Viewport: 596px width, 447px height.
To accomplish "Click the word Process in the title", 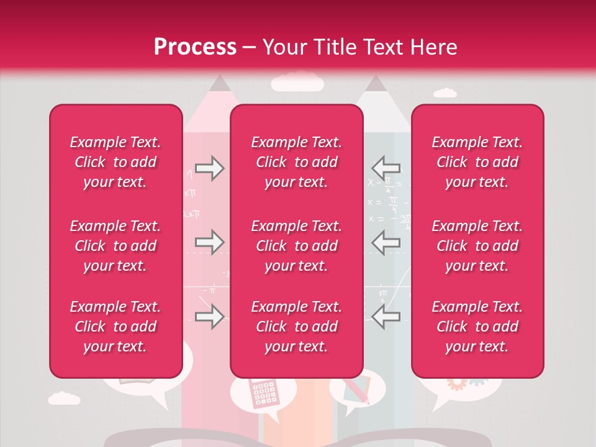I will (195, 47).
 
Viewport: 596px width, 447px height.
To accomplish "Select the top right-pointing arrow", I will (209, 168).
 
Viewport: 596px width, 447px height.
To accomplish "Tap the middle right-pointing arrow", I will (209, 242).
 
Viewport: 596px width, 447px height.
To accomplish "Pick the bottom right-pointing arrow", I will (209, 317).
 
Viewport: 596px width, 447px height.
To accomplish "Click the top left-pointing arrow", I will (386, 168).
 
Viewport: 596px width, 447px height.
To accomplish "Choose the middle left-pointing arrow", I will (386, 242).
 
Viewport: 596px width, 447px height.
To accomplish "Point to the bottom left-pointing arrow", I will (386, 317).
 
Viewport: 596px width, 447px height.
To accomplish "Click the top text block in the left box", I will (115, 162).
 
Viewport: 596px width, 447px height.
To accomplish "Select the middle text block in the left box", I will (115, 246).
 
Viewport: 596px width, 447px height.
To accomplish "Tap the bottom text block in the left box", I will (115, 327).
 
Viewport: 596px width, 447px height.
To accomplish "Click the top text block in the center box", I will (296, 162).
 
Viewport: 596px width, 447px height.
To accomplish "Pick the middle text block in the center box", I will (296, 246).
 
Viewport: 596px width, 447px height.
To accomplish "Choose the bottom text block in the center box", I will (296, 327).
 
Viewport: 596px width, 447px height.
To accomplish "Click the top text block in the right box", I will (477, 162).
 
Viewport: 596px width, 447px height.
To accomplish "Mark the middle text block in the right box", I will (477, 246).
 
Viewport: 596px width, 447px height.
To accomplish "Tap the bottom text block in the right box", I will (477, 327).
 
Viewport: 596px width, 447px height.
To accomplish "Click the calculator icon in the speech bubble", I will (263, 394).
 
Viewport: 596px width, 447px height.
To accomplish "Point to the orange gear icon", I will (457, 384).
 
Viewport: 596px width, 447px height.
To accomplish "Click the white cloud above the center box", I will (297, 82).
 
